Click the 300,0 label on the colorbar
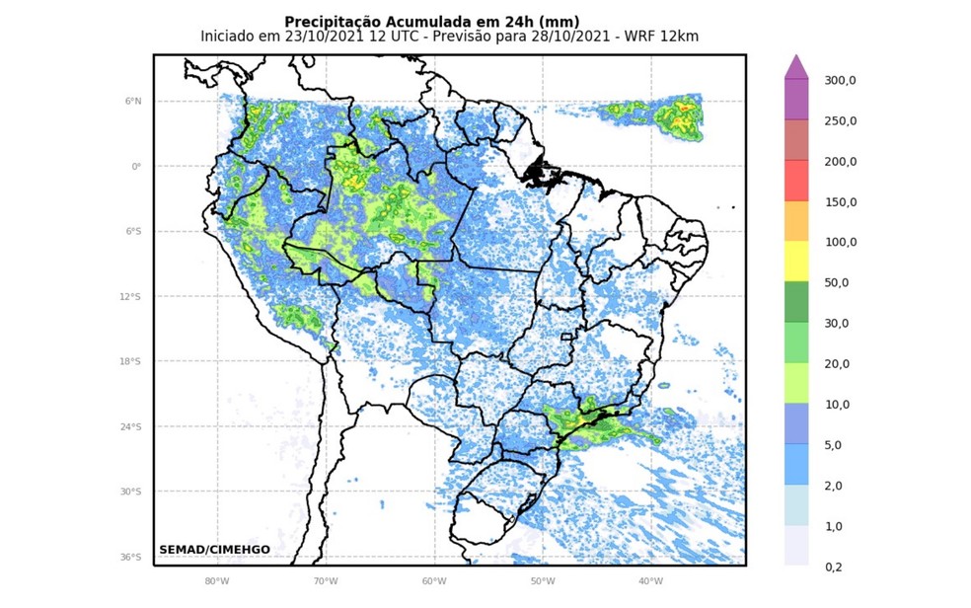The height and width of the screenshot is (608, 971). click(x=841, y=80)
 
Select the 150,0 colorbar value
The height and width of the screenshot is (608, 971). click(x=841, y=201)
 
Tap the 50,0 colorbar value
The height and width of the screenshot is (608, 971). click(x=841, y=282)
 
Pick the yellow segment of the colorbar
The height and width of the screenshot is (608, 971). click(x=796, y=262)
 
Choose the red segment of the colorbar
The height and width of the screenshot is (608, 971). click(x=796, y=181)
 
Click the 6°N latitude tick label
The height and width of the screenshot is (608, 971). click(x=133, y=101)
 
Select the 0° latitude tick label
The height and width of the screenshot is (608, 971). click(x=137, y=166)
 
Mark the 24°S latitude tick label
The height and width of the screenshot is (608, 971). click(x=131, y=426)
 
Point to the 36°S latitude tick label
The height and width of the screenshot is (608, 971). click(x=131, y=557)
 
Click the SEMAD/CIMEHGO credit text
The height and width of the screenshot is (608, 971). click(x=214, y=550)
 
